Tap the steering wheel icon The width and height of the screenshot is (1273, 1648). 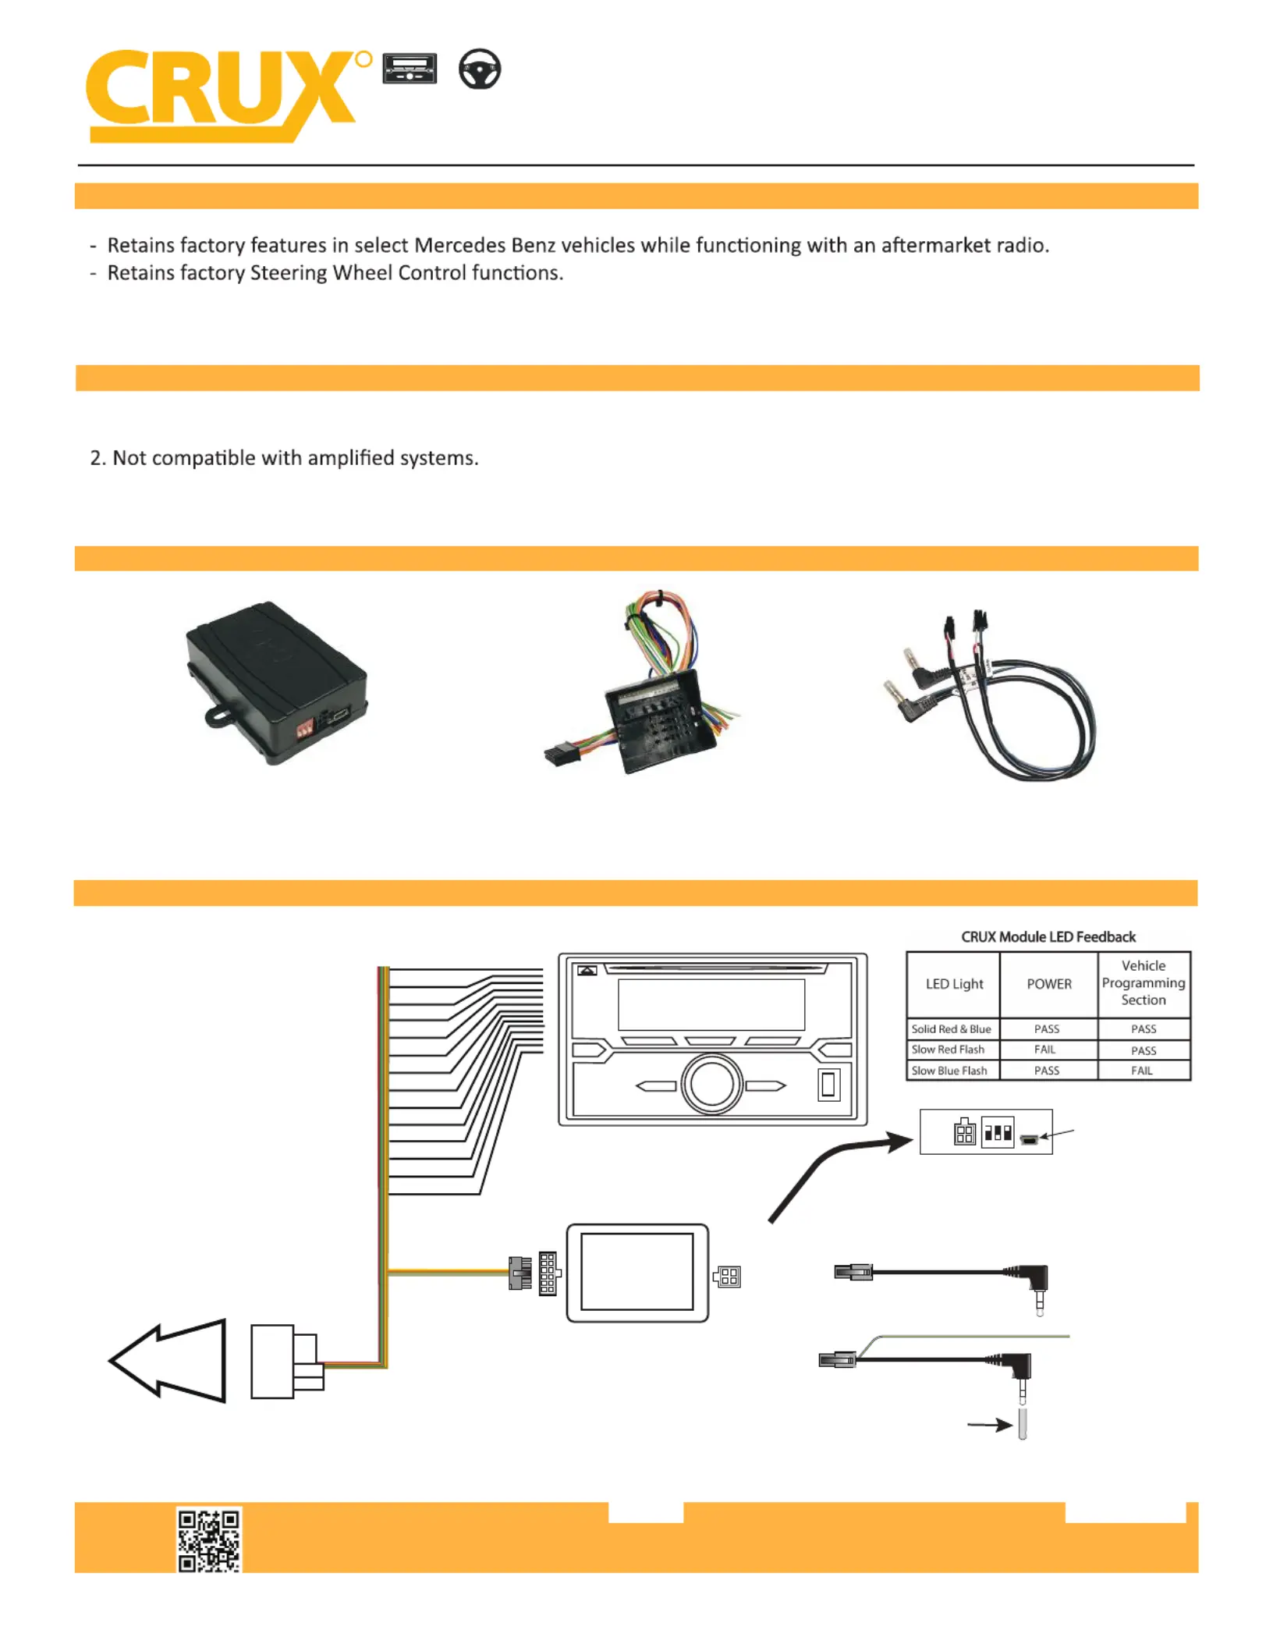479,69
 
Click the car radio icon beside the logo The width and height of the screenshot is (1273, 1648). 410,69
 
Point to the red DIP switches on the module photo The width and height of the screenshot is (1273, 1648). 305,728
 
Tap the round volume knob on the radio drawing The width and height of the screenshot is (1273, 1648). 711,1084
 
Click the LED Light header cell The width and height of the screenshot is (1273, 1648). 954,984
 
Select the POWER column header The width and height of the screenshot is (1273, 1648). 1049,984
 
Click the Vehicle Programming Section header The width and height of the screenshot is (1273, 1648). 1144,983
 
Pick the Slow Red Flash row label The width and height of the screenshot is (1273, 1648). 948,1050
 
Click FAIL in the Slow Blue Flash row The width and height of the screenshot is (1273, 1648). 1142,1071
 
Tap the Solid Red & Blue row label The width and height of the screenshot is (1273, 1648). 951,1029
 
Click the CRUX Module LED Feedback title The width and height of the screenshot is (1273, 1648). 1048,936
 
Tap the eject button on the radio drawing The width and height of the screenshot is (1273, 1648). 587,971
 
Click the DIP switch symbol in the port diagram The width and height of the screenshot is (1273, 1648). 998,1132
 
